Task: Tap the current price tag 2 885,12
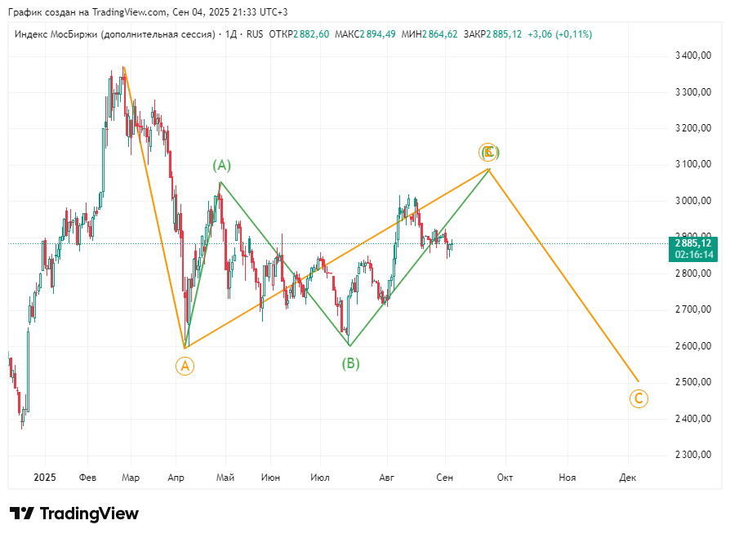pos(693,243)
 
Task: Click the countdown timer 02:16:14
pos(693,255)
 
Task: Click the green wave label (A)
pos(222,165)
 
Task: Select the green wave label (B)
pos(350,363)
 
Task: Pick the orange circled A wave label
pos(185,366)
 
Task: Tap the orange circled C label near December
pos(639,398)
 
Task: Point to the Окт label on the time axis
pos(505,477)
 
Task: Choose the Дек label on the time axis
pos(628,477)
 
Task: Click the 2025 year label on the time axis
pos(45,477)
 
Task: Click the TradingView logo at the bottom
pos(74,514)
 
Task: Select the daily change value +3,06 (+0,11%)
pos(560,34)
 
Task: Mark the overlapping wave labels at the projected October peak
pos(488,152)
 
